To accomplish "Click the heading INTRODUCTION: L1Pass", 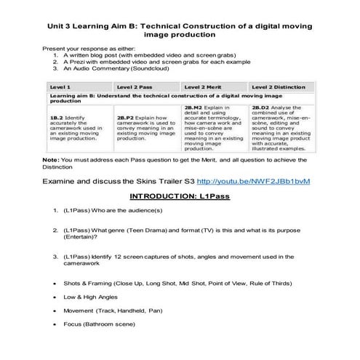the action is click(x=180, y=196).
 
